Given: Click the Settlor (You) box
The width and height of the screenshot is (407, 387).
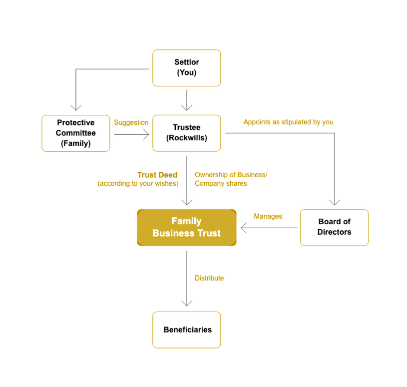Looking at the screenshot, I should pyautogui.click(x=186, y=68).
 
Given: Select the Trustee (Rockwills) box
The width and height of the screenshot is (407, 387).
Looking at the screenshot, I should pyautogui.click(x=186, y=133).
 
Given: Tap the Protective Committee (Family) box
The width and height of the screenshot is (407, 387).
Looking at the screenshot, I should pyautogui.click(x=75, y=133).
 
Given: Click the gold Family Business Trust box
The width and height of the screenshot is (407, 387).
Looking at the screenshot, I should pyautogui.click(x=186, y=227).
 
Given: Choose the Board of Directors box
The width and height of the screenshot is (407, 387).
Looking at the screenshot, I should pyautogui.click(x=334, y=227).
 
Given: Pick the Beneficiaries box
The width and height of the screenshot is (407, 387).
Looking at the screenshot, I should pyautogui.click(x=186, y=330).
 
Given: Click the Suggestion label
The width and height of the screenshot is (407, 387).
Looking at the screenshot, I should pyautogui.click(x=131, y=122).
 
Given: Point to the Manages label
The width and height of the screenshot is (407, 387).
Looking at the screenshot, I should pyautogui.click(x=268, y=216).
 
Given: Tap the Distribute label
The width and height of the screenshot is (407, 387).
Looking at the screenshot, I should pyautogui.click(x=209, y=278).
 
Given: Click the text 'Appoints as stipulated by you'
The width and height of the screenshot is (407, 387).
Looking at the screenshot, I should pyautogui.click(x=288, y=122).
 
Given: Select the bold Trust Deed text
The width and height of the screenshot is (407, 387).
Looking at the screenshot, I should pyautogui.click(x=157, y=175).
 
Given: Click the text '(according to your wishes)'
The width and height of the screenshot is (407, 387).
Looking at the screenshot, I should pyautogui.click(x=138, y=183).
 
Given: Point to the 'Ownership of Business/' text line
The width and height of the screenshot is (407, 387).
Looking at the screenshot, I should pyautogui.click(x=231, y=175).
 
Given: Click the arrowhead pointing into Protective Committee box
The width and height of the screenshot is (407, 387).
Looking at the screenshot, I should pyautogui.click(x=76, y=107).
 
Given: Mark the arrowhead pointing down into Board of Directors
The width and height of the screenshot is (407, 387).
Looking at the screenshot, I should pyautogui.click(x=334, y=202).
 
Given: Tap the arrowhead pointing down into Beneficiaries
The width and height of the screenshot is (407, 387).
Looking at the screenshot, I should pyautogui.click(x=186, y=303).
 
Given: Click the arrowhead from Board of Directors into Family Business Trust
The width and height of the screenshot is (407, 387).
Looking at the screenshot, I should pyautogui.click(x=244, y=228).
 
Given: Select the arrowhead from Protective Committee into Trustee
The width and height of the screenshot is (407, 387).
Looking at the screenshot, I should pyautogui.click(x=146, y=134).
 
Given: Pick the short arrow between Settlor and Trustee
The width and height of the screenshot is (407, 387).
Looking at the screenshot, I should pyautogui.click(x=186, y=100).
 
